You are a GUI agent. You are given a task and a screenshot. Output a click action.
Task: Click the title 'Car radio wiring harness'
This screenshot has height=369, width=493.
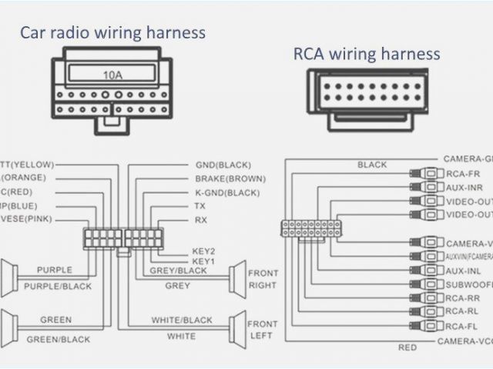pyautogui.click(x=112, y=32)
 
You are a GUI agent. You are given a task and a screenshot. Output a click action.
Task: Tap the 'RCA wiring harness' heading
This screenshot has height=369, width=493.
pyautogui.click(x=367, y=53)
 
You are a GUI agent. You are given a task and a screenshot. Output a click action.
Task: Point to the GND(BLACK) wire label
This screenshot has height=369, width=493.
pyautogui.click(x=223, y=165)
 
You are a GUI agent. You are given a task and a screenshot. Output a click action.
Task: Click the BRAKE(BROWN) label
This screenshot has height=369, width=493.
pyautogui.click(x=230, y=178)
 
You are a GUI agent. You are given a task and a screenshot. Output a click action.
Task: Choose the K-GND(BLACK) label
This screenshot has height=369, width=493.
pyautogui.click(x=228, y=192)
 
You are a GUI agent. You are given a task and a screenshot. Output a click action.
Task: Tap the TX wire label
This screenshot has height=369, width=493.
pyautogui.click(x=200, y=206)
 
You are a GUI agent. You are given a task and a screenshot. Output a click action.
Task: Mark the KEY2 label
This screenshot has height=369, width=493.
pyautogui.click(x=204, y=251)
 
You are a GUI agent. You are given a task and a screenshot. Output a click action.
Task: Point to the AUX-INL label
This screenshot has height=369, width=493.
pyautogui.click(x=463, y=271)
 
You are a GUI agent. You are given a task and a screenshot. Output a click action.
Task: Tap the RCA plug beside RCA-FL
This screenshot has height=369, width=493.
pyautogui.click(x=428, y=324)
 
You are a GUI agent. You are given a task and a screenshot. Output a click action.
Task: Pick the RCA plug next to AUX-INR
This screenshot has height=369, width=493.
pyautogui.click(x=428, y=187)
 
